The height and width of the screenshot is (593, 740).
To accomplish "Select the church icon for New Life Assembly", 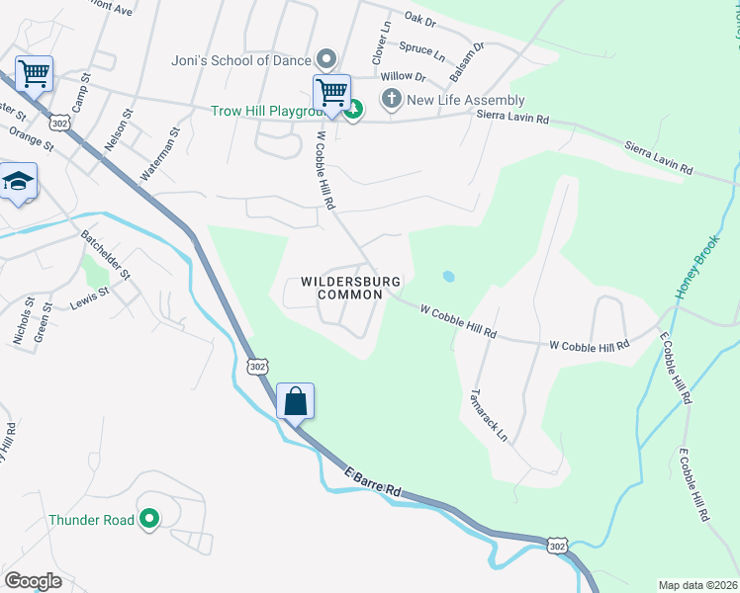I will pyautogui.click(x=392, y=99).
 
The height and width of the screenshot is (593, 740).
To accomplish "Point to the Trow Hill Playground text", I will pyautogui.click(x=269, y=112).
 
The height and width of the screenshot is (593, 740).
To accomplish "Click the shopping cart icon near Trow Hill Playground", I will pyautogui.click(x=332, y=93).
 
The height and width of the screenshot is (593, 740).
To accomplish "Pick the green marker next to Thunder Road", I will pyautogui.click(x=149, y=518).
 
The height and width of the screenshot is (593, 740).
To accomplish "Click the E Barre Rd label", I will pyautogui.click(x=373, y=481).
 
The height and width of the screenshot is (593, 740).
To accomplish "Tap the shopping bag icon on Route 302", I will pyautogui.click(x=295, y=401).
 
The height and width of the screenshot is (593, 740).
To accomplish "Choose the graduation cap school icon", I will pyautogui.click(x=18, y=181).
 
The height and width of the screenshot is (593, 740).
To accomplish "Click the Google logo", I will pyautogui.click(x=33, y=581).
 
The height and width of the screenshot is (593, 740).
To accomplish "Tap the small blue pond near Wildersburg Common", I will pyautogui.click(x=448, y=277).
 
